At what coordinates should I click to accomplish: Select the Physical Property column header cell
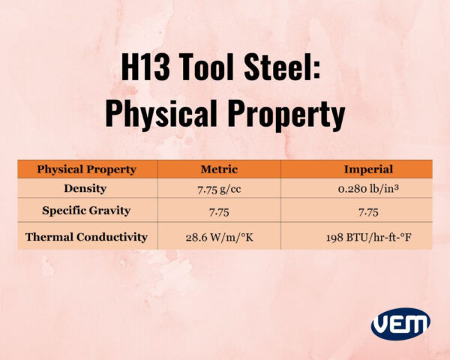(86, 169)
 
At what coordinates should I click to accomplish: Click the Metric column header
(219, 169)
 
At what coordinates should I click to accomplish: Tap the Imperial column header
(356, 169)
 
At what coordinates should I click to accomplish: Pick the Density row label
(86, 188)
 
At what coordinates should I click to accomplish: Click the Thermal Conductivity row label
(86, 237)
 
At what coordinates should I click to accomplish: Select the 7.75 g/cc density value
(219, 188)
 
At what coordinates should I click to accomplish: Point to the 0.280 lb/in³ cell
(356, 188)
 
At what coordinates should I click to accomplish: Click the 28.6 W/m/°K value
(219, 237)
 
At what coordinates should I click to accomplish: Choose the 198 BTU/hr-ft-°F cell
(356, 237)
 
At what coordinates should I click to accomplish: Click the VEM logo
(400, 324)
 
